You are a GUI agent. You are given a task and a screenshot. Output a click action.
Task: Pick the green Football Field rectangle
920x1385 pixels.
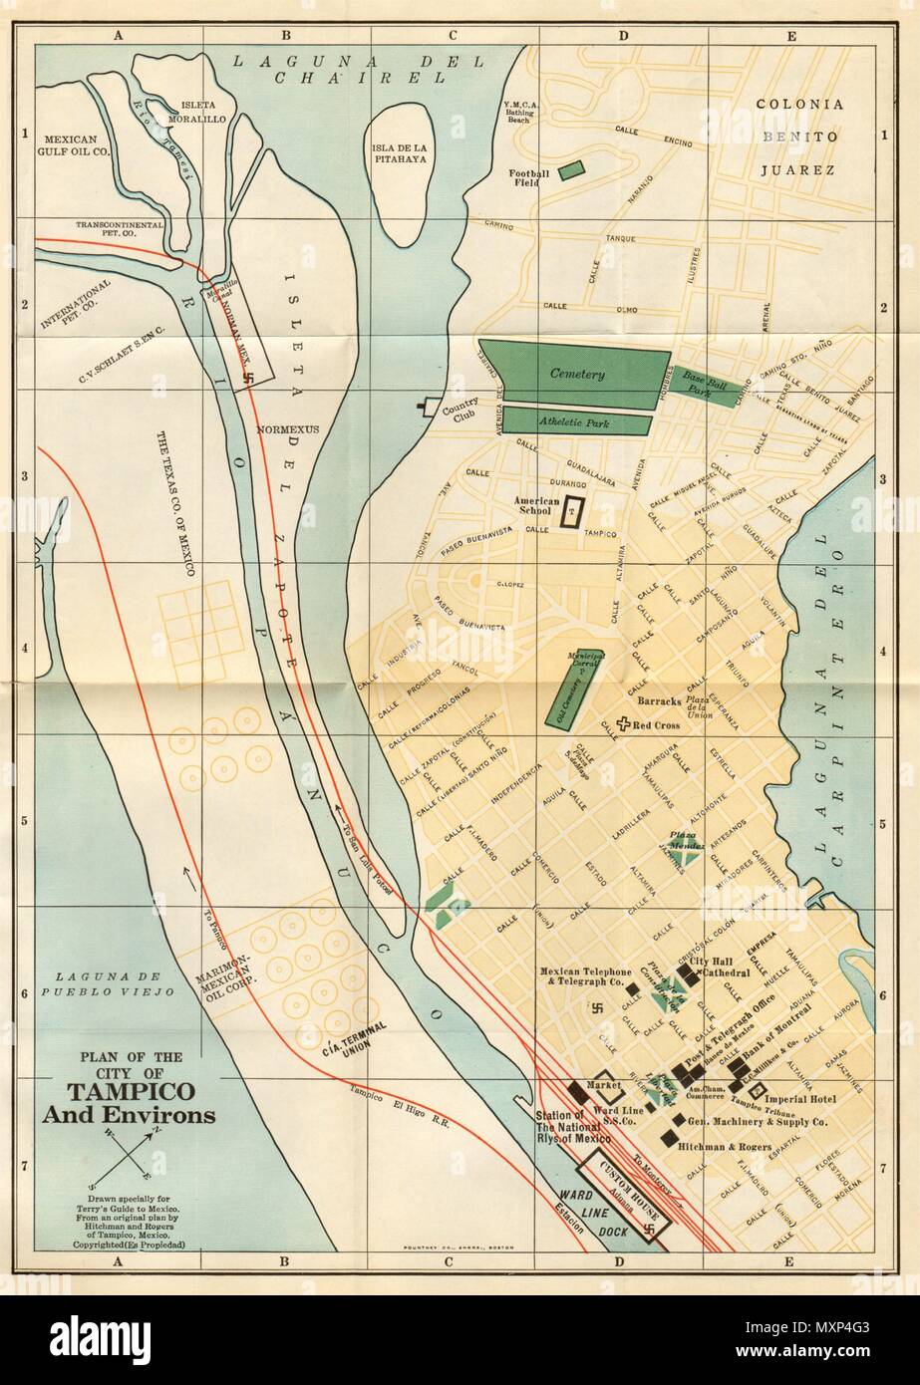(572, 169)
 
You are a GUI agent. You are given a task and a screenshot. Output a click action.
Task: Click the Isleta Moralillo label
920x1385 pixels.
(207, 111)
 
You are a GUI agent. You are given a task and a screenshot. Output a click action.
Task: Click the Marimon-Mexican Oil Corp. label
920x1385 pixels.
(230, 979)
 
